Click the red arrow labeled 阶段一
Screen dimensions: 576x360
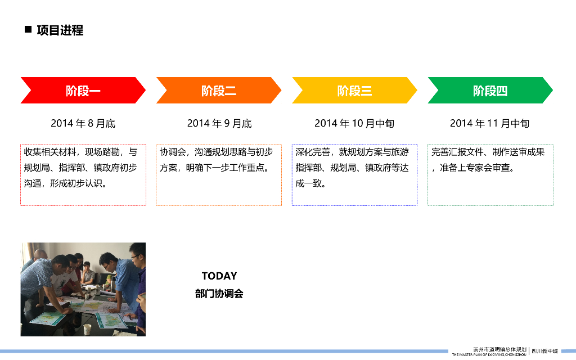click(83, 91)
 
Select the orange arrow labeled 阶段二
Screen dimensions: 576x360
click(219, 91)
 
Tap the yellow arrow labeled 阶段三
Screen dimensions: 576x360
click(354, 91)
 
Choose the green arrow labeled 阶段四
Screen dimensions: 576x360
click(490, 91)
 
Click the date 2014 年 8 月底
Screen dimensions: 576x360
click(83, 123)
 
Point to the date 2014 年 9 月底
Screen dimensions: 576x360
click(219, 123)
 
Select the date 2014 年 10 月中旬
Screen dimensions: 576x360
click(354, 123)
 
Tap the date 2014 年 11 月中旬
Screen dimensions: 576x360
click(490, 123)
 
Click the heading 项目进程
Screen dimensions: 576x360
click(60, 30)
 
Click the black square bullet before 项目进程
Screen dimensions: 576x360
click(28, 29)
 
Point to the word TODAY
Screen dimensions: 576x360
click(219, 276)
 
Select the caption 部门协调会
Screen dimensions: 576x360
click(219, 294)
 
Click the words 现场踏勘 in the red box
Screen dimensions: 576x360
click(102, 152)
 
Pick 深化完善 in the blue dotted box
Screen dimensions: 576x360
click(313, 152)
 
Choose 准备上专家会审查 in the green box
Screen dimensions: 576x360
click(475, 168)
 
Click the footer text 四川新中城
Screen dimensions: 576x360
click(544, 351)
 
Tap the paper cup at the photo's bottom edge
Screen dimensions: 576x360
click(87, 329)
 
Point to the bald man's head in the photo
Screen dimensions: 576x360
click(40, 255)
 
